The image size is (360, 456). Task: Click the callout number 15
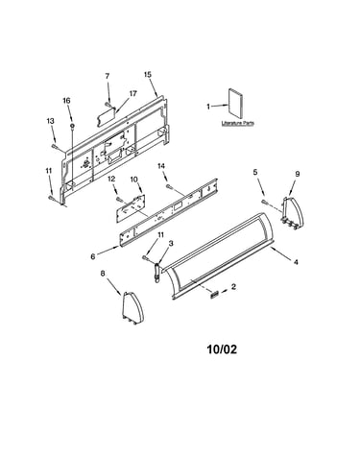pyautogui.click(x=148, y=75)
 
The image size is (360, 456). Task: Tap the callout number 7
pyautogui.click(x=108, y=76)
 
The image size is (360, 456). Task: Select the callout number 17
pyautogui.click(x=133, y=93)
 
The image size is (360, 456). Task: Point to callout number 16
pyautogui.click(x=66, y=101)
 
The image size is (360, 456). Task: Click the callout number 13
pyautogui.click(x=50, y=121)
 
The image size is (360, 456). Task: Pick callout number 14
pyautogui.click(x=161, y=166)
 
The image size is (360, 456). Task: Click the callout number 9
pyautogui.click(x=298, y=174)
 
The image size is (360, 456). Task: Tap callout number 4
pyautogui.click(x=296, y=262)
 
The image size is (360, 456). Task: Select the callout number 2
pyautogui.click(x=233, y=286)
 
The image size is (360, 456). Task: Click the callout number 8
pyautogui.click(x=103, y=273)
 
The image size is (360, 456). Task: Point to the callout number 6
pyautogui.click(x=93, y=256)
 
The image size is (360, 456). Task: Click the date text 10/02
pyautogui.click(x=223, y=349)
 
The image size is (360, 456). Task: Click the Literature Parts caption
pyautogui.click(x=238, y=123)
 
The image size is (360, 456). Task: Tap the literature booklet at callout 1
pyautogui.click(x=235, y=104)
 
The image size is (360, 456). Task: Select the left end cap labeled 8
pyautogui.click(x=132, y=308)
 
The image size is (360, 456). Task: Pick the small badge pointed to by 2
pyautogui.click(x=214, y=294)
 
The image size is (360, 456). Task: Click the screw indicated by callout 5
pyautogui.click(x=264, y=202)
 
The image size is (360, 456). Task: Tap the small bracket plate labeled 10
pyautogui.click(x=131, y=209)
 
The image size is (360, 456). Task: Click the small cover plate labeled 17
pyautogui.click(x=106, y=117)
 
